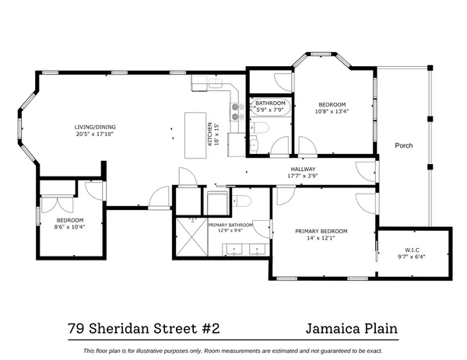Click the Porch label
click(x=403, y=145)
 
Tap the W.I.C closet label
click(x=413, y=250)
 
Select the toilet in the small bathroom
click(x=262, y=128)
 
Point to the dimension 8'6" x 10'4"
click(x=68, y=226)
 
